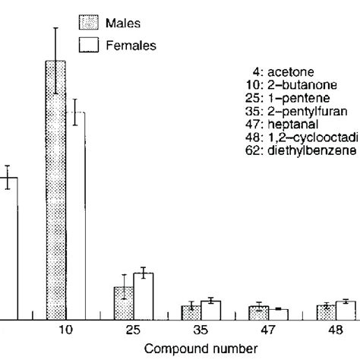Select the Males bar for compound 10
[x=55, y=190]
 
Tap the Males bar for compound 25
[x=124, y=302]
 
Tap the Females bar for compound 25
[x=144, y=295]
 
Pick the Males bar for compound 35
[x=191, y=311]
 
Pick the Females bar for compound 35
[x=211, y=309]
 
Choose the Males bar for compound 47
[x=259, y=311]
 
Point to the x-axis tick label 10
[x=65, y=331]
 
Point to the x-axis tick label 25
[x=134, y=331]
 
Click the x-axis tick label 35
[x=201, y=331]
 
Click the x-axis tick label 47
[x=269, y=331]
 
